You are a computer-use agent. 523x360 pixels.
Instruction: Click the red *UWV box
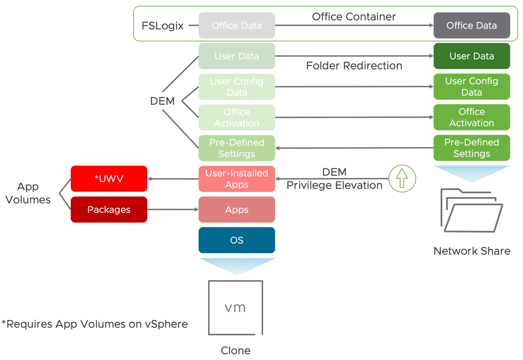point(109,179)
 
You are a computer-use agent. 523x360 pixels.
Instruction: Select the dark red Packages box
point(109,209)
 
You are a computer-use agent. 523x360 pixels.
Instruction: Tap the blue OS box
point(237,240)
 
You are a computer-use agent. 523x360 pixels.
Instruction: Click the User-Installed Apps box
point(237,179)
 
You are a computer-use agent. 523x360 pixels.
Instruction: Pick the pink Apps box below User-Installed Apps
point(237,209)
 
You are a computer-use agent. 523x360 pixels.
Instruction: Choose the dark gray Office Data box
point(472,25)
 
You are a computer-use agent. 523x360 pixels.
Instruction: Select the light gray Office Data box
point(237,25)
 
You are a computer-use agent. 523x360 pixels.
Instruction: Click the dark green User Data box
point(472,56)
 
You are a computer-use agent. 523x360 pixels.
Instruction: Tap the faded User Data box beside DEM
point(237,56)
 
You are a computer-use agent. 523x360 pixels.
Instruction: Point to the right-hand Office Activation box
point(472,118)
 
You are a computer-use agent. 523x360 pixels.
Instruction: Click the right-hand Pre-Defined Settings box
point(472,148)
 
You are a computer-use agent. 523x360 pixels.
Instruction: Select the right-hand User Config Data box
point(472,87)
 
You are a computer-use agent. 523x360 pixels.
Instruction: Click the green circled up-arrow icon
point(402,178)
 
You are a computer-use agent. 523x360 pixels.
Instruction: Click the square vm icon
point(235,307)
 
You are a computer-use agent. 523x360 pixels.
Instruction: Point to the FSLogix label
point(163,26)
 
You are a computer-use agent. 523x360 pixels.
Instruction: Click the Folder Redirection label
point(354,66)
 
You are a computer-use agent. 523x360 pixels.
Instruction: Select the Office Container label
point(354,17)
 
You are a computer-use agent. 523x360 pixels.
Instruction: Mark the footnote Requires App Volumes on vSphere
point(95,324)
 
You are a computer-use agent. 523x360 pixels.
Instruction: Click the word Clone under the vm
point(235,350)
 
